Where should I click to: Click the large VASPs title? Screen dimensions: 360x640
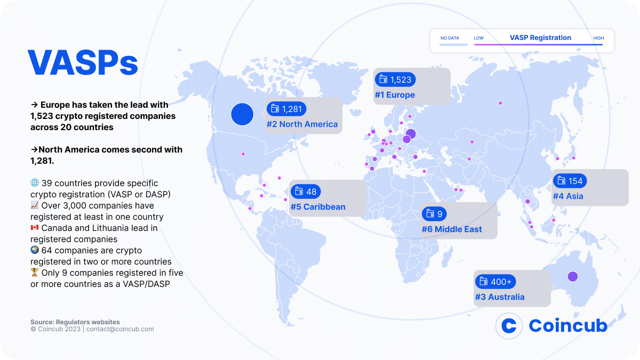click(x=83, y=63)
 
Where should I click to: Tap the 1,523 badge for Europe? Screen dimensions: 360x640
click(x=395, y=79)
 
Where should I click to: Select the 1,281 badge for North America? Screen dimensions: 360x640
click(x=286, y=109)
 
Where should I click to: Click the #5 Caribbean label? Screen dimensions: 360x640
click(x=318, y=207)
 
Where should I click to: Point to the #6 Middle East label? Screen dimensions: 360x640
click(x=452, y=229)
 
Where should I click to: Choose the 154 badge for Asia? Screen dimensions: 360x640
click(x=570, y=181)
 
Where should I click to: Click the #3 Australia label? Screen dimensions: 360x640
click(x=499, y=297)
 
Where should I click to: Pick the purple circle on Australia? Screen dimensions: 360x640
click(x=572, y=276)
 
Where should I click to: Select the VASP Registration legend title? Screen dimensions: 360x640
click(x=540, y=38)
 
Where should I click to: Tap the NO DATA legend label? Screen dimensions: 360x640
click(x=450, y=38)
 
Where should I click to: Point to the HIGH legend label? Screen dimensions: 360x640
click(x=598, y=38)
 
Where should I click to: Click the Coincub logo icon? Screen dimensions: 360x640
click(x=509, y=325)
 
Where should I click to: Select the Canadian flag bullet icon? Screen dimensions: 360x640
click(x=35, y=228)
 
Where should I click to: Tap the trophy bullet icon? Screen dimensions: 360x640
click(x=35, y=272)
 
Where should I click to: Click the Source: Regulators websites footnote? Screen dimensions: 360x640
click(x=75, y=322)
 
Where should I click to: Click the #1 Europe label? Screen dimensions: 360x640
click(x=394, y=95)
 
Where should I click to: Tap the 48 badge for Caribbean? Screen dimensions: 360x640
click(x=306, y=191)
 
